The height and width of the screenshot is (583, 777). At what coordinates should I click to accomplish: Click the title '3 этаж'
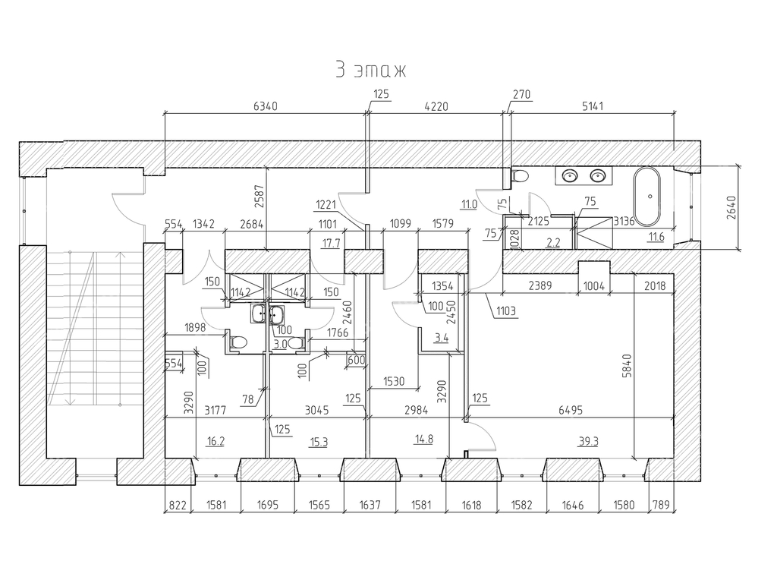point(370,70)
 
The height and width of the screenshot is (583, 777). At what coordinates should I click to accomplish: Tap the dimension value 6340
point(265,106)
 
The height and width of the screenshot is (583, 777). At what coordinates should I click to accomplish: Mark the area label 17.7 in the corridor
point(331,243)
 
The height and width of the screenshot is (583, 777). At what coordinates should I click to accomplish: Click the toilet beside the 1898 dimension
point(237,342)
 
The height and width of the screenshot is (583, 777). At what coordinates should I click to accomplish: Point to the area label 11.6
point(656,238)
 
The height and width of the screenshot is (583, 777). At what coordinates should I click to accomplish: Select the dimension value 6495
point(571,411)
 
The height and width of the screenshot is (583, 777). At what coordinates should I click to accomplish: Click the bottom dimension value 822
point(176,505)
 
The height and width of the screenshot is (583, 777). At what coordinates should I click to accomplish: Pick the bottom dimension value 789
point(659,505)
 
